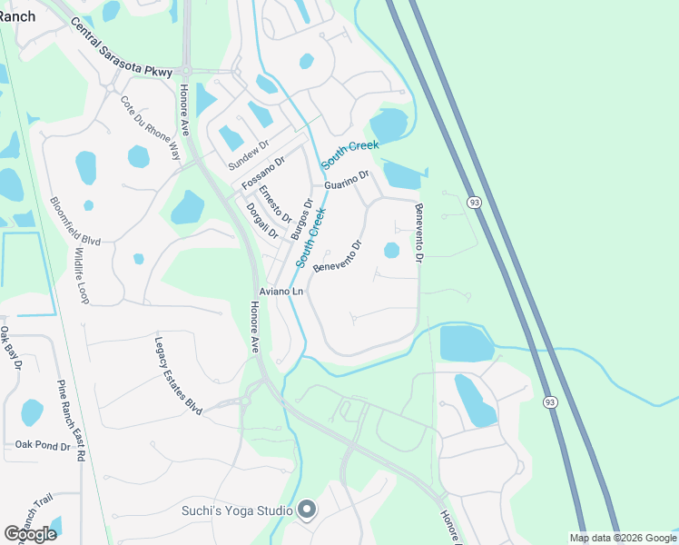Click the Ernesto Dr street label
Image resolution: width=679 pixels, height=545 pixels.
pyautogui.click(x=273, y=204)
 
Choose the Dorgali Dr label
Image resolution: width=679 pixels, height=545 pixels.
pyautogui.click(x=261, y=220)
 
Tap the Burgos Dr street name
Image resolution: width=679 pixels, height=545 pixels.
pyautogui.click(x=301, y=219)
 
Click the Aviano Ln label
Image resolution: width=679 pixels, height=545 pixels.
pyautogui.click(x=281, y=292)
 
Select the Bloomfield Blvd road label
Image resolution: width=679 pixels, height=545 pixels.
pyautogui.click(x=62, y=223)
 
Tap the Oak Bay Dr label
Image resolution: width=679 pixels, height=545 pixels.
pyautogui.click(x=11, y=349)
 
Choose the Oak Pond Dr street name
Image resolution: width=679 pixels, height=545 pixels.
pyautogui.click(x=42, y=445)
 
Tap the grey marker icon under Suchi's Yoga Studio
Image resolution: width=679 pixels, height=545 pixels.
pyautogui.click(x=307, y=510)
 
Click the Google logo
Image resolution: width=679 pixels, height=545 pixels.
pyautogui.click(x=31, y=533)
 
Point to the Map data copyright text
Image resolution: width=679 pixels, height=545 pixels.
pyautogui.click(x=624, y=538)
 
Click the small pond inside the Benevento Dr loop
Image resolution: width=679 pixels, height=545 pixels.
pyautogui.click(x=391, y=250)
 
